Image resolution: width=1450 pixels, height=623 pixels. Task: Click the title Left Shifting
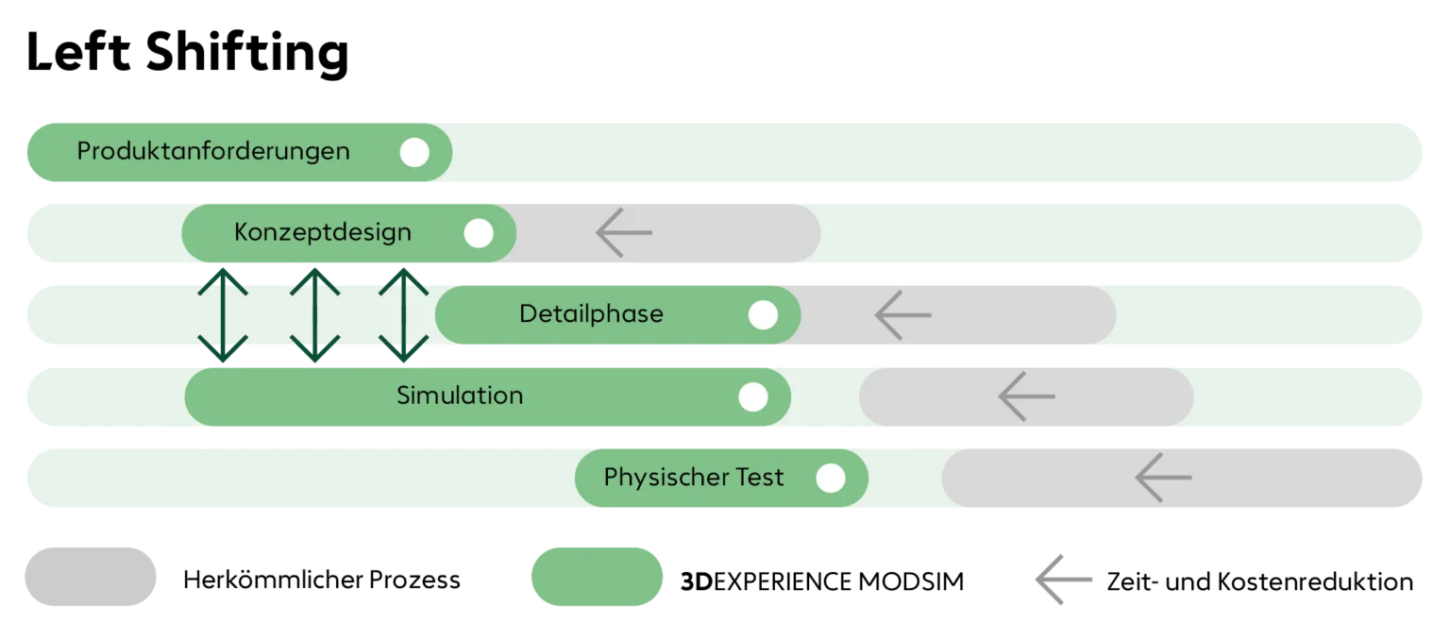point(188,54)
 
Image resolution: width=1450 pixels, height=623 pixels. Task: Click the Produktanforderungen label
point(213,152)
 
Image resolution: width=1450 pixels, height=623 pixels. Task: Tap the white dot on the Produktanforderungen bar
point(414,152)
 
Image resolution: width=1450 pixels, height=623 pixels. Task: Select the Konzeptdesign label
point(322,233)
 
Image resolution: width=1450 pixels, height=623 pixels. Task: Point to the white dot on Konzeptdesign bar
point(479,233)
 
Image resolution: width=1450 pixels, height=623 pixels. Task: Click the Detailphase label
point(592,314)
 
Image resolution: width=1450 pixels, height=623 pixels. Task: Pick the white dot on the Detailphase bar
point(763,314)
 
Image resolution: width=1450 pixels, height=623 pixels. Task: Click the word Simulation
point(460,396)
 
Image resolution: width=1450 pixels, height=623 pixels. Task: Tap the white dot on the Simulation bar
point(752,396)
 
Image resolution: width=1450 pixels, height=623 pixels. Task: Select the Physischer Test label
point(693,478)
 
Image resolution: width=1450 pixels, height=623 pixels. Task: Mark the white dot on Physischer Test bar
point(831,478)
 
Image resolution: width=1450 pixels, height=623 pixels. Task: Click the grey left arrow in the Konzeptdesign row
point(623,232)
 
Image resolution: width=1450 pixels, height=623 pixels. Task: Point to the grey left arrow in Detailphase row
point(903,314)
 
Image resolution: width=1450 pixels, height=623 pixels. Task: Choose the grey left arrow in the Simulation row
point(1027,396)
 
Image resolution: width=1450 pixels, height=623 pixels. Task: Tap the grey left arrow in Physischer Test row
point(1163,478)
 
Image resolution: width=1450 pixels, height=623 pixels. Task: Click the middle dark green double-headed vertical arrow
point(314,314)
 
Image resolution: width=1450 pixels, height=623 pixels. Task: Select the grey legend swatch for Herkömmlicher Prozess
point(91,577)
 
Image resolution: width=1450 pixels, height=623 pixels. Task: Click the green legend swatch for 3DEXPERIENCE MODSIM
point(597,577)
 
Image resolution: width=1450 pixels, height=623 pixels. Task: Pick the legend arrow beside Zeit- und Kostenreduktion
point(1064,580)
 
